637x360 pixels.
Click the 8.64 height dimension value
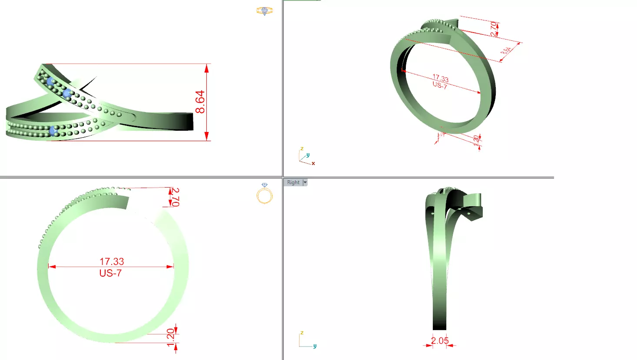click(200, 102)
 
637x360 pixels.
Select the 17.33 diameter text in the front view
click(112, 261)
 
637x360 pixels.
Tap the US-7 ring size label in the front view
click(110, 273)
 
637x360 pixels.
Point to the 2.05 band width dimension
click(440, 340)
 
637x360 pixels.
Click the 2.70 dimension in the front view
click(175, 197)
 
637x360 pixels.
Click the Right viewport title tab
click(293, 182)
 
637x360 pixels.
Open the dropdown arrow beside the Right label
click(305, 182)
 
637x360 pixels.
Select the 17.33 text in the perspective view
click(441, 79)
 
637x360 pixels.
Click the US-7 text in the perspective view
click(440, 86)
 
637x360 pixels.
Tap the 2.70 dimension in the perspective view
click(494, 29)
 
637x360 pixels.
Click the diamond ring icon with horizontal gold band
click(264, 10)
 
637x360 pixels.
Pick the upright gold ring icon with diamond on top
click(264, 194)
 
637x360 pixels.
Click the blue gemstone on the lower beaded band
click(53, 131)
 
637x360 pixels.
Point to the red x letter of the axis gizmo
click(313, 164)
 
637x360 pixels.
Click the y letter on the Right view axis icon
click(315, 346)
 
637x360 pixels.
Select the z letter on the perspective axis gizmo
click(302, 149)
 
